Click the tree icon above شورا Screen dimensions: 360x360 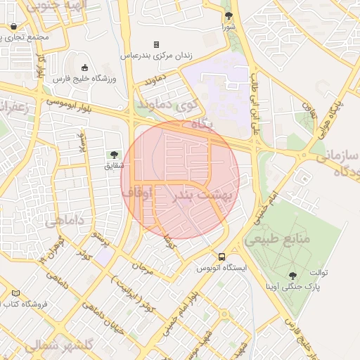click(229, 15)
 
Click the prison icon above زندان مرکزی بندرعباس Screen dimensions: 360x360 click(156, 44)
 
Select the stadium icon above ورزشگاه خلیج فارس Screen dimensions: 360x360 click(85, 68)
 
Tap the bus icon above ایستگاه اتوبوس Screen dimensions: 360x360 click(222, 257)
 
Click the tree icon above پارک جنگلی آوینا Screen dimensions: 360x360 click(292, 275)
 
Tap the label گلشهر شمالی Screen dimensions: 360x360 click(59, 346)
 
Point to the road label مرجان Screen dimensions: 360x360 click(143, 267)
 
